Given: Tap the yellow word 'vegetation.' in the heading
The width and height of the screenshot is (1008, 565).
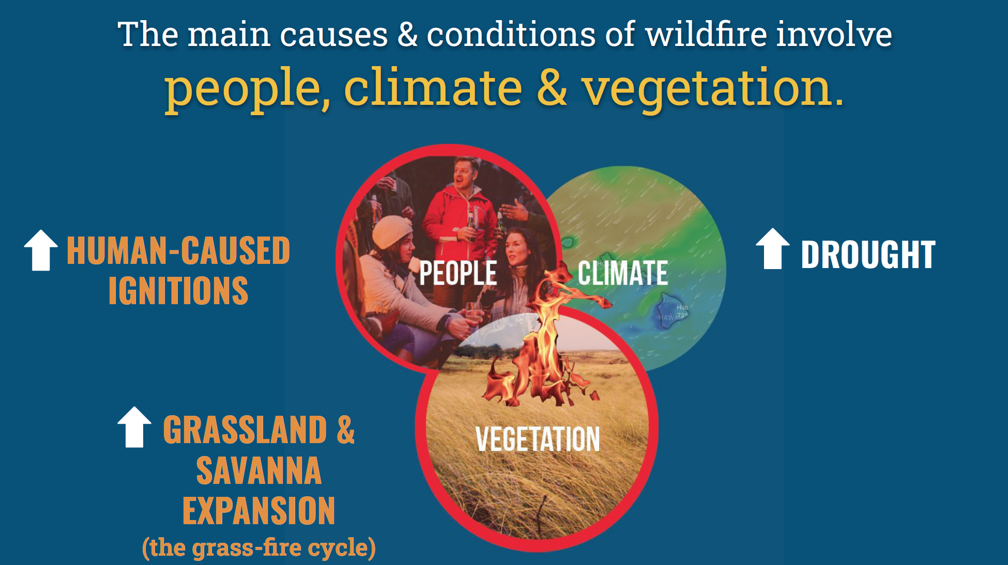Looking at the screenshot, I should point(712,89).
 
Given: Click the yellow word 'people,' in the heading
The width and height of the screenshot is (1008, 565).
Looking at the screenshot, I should point(247,89).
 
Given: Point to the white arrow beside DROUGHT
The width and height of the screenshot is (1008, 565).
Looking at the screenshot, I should point(772,249).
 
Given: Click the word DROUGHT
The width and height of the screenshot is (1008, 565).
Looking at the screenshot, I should point(868,255).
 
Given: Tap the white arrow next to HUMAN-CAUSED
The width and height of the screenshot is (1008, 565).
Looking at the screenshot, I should point(41,250).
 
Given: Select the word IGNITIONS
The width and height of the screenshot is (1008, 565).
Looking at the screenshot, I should point(178,291).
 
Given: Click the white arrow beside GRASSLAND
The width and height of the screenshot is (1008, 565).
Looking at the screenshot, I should point(134,427).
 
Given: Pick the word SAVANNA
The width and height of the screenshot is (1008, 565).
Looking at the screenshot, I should point(258,470).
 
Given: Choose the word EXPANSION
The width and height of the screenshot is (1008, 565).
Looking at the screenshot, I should point(258,511).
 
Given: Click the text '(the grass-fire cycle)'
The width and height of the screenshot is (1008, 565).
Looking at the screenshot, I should point(258,547).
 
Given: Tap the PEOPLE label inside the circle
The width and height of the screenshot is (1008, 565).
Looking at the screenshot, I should point(457,273).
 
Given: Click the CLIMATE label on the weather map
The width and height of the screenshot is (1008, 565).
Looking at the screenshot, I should point(622,273).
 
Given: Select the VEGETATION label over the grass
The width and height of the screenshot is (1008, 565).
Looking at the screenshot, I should point(538,440).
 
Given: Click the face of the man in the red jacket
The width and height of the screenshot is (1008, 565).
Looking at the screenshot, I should point(465,173).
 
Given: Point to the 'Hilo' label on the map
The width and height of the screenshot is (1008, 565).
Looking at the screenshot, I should point(682,307).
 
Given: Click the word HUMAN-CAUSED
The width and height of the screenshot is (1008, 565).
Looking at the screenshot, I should point(178,251).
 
